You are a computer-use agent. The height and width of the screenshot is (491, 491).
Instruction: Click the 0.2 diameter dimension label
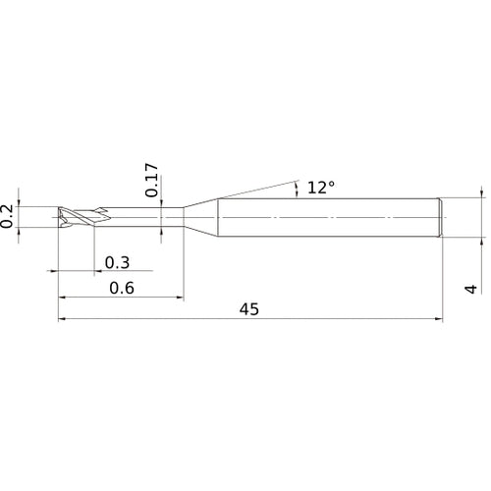coord(7,216)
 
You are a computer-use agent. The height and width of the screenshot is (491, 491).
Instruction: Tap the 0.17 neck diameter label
coord(151,180)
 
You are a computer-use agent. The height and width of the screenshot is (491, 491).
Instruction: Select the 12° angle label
coord(321,188)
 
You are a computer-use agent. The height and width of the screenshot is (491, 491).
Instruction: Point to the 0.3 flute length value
coord(117,263)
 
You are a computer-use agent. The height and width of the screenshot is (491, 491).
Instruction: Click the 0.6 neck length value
coord(122,288)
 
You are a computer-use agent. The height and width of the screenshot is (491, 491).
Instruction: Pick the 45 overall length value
coord(249,309)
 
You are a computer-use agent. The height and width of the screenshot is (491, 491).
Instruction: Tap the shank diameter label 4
coord(471,289)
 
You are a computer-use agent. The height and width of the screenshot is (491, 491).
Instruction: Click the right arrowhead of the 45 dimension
coord(439,318)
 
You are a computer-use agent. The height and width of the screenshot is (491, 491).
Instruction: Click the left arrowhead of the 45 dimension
coord(63,318)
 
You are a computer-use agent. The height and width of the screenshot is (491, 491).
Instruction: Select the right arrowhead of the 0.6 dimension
coord(180,298)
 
